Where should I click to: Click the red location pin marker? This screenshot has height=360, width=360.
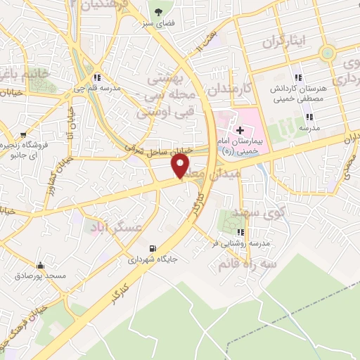181,165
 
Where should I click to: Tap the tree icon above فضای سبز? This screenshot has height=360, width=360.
157,12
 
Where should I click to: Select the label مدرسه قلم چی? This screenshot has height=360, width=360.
98,89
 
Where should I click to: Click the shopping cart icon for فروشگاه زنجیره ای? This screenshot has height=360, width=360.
24,133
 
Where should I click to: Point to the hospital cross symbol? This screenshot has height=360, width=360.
240,130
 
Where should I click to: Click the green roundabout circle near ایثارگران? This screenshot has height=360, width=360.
327,53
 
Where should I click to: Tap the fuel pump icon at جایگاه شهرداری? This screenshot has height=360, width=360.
152,247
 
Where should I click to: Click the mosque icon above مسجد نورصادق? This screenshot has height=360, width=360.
41,266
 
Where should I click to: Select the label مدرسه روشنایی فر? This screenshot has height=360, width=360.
241,243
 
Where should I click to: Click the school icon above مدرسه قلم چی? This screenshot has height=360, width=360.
98,77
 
